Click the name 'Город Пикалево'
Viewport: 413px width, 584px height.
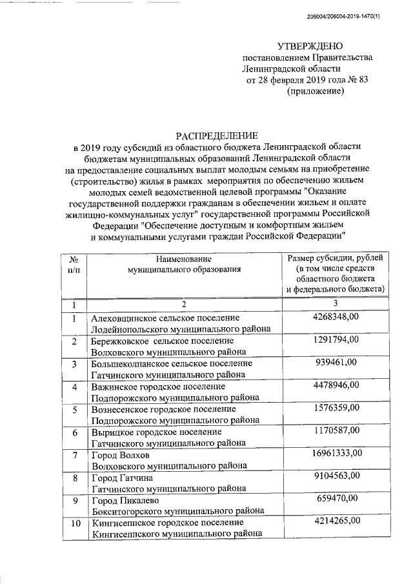point(125,501)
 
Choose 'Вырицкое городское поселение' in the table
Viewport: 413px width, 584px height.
point(157,432)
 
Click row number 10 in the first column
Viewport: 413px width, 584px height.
point(74,523)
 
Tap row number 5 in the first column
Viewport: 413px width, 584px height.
point(74,410)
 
